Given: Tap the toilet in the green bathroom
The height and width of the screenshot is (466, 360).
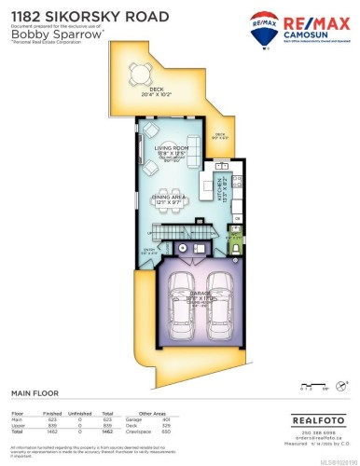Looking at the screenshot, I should [236, 249].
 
